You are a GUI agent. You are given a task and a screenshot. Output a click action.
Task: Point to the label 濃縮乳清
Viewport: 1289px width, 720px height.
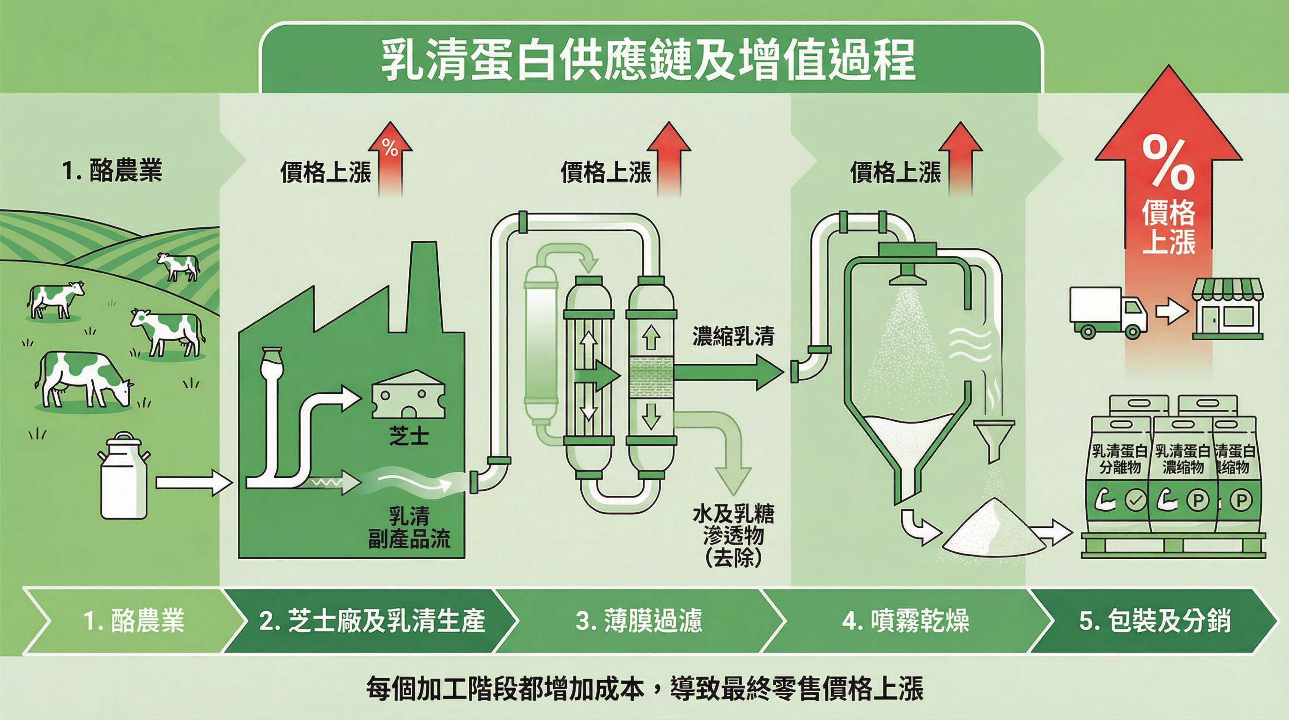(733, 337)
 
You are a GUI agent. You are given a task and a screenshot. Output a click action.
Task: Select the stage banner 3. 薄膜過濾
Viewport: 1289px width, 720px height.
(639, 621)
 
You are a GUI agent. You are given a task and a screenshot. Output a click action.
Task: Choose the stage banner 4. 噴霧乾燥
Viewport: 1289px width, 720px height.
(905, 621)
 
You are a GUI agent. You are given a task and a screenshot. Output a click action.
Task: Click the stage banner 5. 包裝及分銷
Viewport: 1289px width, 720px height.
(1155, 621)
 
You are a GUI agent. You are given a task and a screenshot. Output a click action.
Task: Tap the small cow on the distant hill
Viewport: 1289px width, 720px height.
(178, 265)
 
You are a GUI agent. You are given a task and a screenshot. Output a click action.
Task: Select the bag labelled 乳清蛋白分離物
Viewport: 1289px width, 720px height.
(1119, 480)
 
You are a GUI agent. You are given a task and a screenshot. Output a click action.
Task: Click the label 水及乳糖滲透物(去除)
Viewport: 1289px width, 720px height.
(733, 536)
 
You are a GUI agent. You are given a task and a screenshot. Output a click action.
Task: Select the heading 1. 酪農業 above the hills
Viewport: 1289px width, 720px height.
(112, 170)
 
